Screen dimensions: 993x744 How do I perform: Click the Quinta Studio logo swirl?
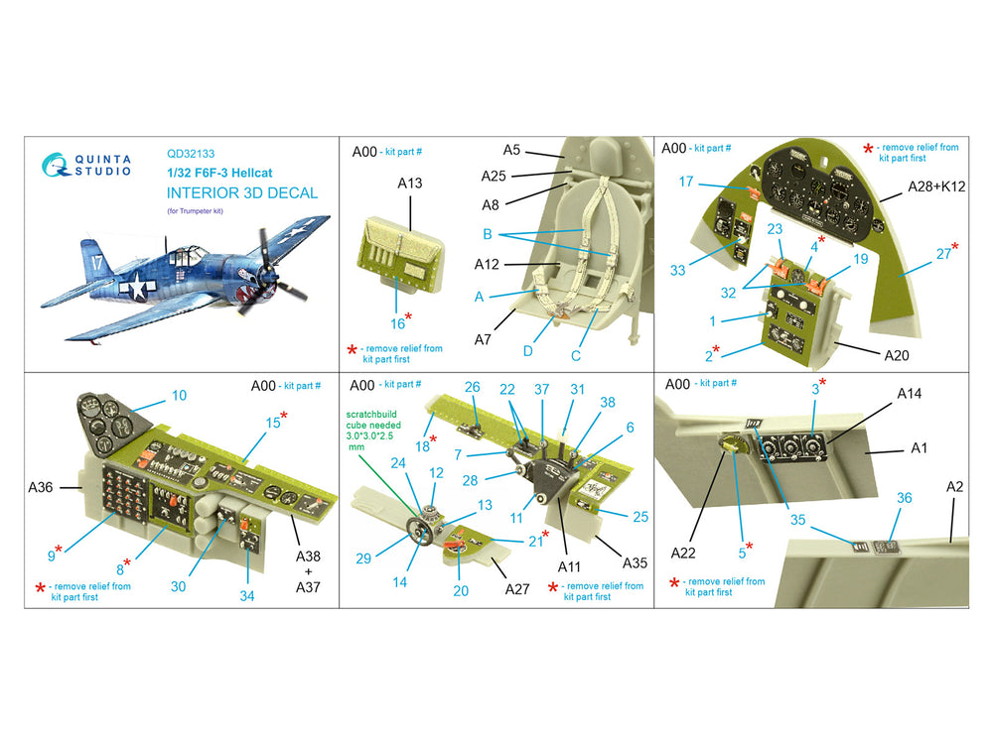55,165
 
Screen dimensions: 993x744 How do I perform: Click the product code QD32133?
191,154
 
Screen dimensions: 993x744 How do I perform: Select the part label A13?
410,183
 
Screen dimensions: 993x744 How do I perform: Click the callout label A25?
494,176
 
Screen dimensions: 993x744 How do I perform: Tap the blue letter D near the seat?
527,351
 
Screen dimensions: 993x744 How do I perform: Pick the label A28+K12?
936,186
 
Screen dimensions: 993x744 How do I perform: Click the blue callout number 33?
677,270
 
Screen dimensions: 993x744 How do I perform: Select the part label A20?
896,355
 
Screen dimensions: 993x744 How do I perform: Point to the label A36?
41,487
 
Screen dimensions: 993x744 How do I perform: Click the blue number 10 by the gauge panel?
179,396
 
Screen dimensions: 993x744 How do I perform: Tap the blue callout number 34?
247,596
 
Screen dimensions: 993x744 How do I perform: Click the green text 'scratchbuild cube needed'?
373,420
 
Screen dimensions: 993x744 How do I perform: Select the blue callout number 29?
362,558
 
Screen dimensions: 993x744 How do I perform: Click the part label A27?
516,589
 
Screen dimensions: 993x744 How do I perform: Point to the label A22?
683,553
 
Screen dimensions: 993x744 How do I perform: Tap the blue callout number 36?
905,498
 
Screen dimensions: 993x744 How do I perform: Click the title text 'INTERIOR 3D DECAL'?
242,193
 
